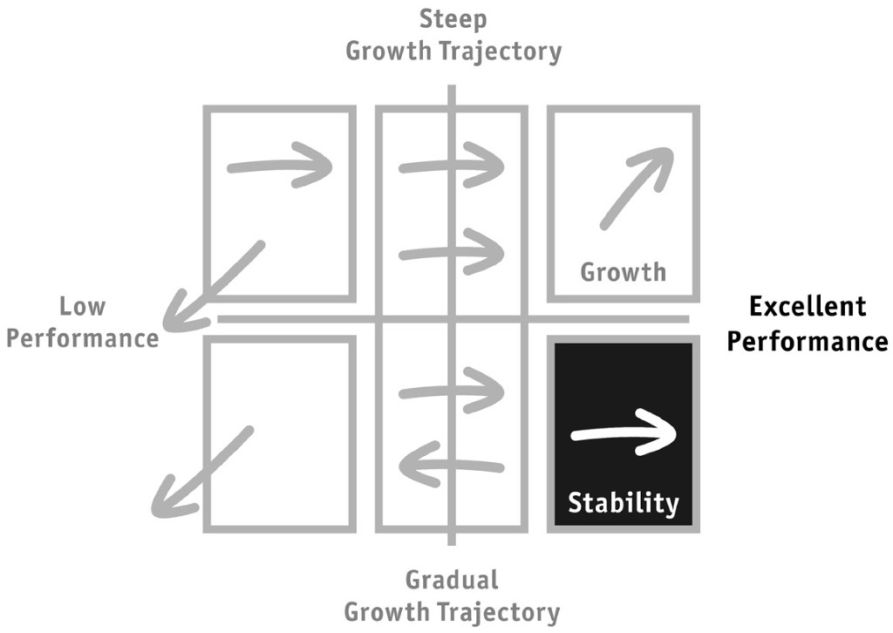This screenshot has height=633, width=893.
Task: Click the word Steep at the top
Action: pyautogui.click(x=453, y=20)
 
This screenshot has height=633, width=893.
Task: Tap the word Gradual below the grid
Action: pyautogui.click(x=453, y=580)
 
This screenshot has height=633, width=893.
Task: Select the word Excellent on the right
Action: pyautogui.click(x=808, y=306)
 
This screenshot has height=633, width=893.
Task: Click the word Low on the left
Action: pyautogui.click(x=83, y=306)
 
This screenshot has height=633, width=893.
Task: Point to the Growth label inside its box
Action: pyautogui.click(x=623, y=272)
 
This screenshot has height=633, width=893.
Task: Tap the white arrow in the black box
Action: pyautogui.click(x=624, y=432)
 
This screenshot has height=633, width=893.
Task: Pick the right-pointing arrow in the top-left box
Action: pyautogui.click(x=280, y=165)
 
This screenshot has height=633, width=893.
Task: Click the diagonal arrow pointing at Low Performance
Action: pyautogui.click(x=215, y=286)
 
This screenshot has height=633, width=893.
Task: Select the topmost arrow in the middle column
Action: pyautogui.click(x=452, y=165)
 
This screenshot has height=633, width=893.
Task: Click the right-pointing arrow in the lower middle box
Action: pyautogui.click(x=452, y=391)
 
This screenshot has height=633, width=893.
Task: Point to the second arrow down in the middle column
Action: pyautogui.click(x=452, y=252)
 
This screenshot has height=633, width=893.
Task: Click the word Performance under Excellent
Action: pyautogui.click(x=808, y=341)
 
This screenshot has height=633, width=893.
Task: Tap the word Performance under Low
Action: pyautogui.click(x=83, y=338)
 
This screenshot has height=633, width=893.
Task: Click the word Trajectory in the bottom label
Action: pyautogui.click(x=497, y=613)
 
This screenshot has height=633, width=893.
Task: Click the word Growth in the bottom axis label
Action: pyautogui.click(x=387, y=612)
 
